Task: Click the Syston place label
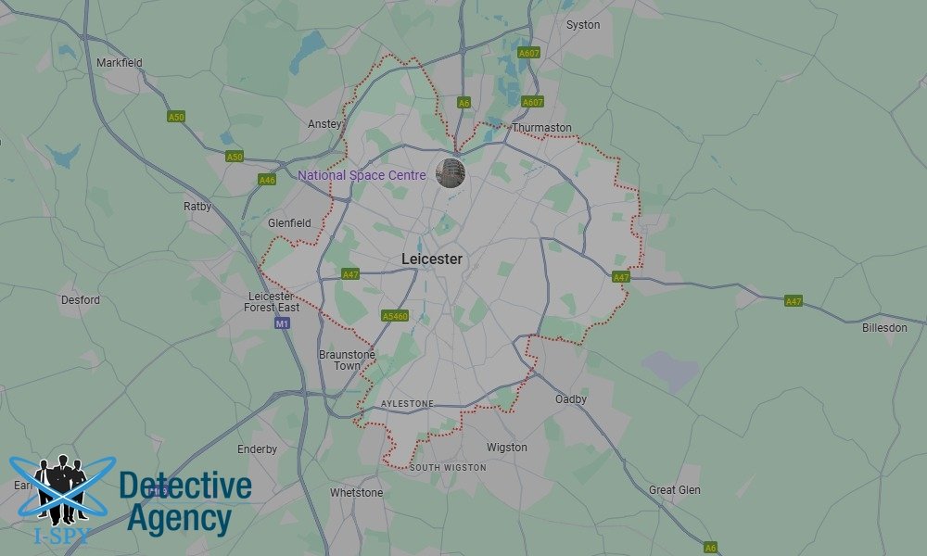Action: pos(583,25)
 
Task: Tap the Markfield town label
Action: pos(120,63)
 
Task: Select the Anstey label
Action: pos(324,124)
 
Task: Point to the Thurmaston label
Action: pos(541,128)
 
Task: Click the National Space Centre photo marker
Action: pos(451,173)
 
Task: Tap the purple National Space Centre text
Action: pos(362,175)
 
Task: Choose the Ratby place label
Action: pos(197,207)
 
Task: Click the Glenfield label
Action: pos(289,223)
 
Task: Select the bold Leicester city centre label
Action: pos(431,259)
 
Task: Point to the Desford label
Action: pos(81,300)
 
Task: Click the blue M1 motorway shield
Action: pos(283,323)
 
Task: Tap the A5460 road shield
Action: pos(395,316)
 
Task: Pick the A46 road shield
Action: pos(267,180)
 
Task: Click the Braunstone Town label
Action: pos(346,360)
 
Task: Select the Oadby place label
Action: pos(571,399)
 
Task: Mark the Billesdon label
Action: pos(884,328)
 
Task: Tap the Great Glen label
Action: pos(675,490)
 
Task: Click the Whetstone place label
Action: pos(356,493)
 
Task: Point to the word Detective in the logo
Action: pos(185,486)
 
